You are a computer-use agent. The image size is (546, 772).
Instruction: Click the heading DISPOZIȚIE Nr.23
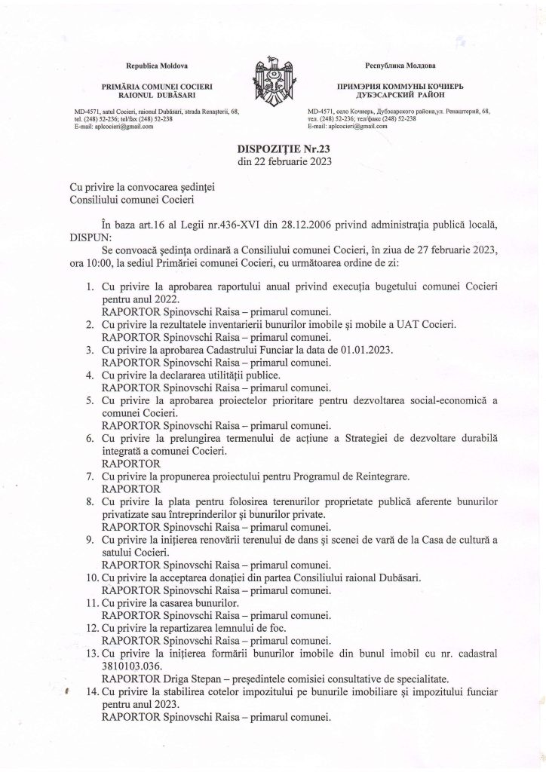coord(273,149)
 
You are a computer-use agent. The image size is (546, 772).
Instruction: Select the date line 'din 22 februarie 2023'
coord(273,161)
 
